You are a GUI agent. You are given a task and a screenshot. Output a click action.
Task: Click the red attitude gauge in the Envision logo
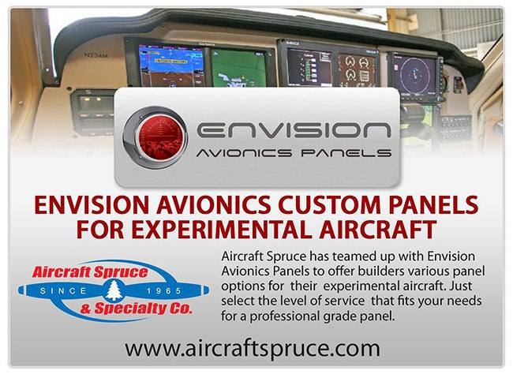click(155, 137)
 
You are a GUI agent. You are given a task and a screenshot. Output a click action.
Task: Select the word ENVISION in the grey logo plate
click(294, 130)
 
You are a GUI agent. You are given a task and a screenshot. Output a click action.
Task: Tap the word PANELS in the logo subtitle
click(346, 153)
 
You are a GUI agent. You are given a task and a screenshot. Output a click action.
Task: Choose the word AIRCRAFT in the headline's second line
click(378, 230)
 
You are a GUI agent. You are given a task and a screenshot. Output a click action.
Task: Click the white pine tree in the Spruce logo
click(114, 290)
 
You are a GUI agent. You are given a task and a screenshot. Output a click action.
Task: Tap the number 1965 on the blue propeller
click(164, 291)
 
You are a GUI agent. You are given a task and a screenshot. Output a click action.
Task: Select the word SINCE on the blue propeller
click(63, 291)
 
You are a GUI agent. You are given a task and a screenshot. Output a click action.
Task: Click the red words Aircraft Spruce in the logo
click(90, 272)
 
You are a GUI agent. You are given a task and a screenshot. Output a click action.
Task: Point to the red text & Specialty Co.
click(136, 309)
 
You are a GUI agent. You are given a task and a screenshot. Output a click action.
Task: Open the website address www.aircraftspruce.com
click(253, 349)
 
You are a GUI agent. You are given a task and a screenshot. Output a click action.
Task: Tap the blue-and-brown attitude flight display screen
click(171, 65)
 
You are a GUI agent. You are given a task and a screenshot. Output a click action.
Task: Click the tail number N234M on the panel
click(95, 55)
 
